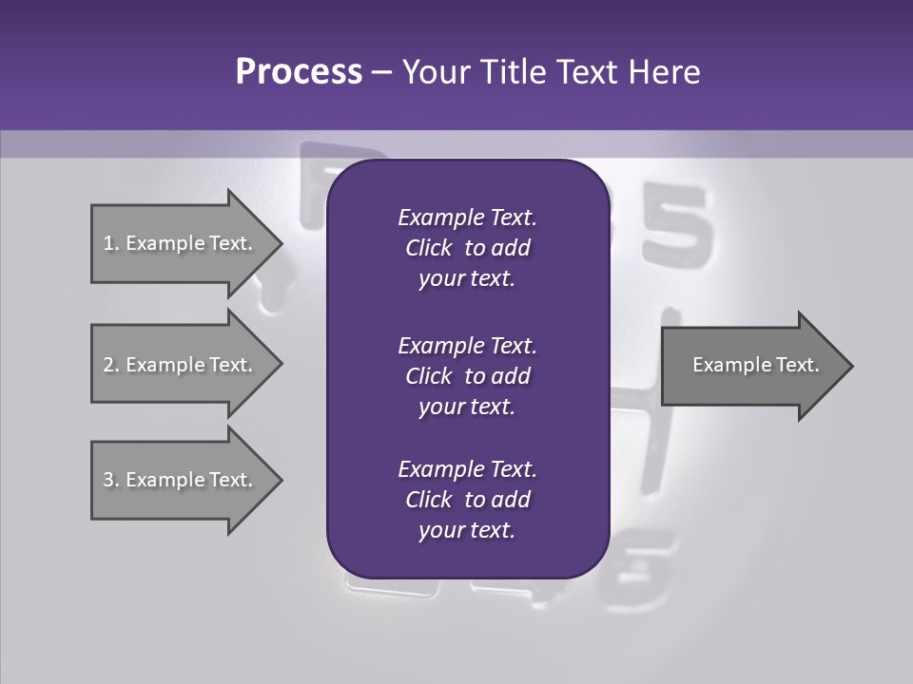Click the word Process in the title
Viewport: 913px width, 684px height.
pos(299,72)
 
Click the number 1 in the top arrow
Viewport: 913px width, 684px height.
pos(108,243)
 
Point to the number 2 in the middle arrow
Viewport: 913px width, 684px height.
pos(108,365)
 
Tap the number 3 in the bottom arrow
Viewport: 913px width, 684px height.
pos(108,480)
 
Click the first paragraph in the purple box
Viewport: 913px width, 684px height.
pos(467,248)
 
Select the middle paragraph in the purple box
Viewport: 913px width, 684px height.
pos(467,375)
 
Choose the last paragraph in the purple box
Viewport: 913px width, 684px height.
pos(467,500)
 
